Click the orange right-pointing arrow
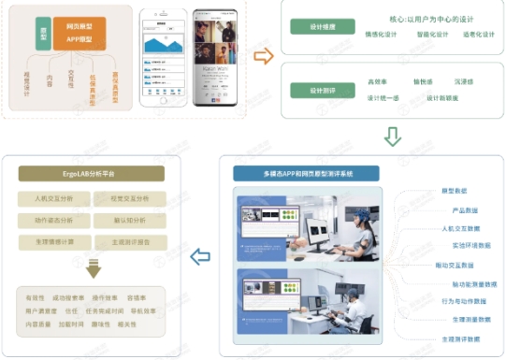264,56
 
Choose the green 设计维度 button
324,26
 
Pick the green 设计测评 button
324,90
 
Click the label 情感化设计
382,35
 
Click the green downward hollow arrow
393,137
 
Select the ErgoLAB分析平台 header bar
92,173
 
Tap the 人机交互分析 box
53,198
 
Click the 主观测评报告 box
129,241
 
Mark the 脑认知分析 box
129,220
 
